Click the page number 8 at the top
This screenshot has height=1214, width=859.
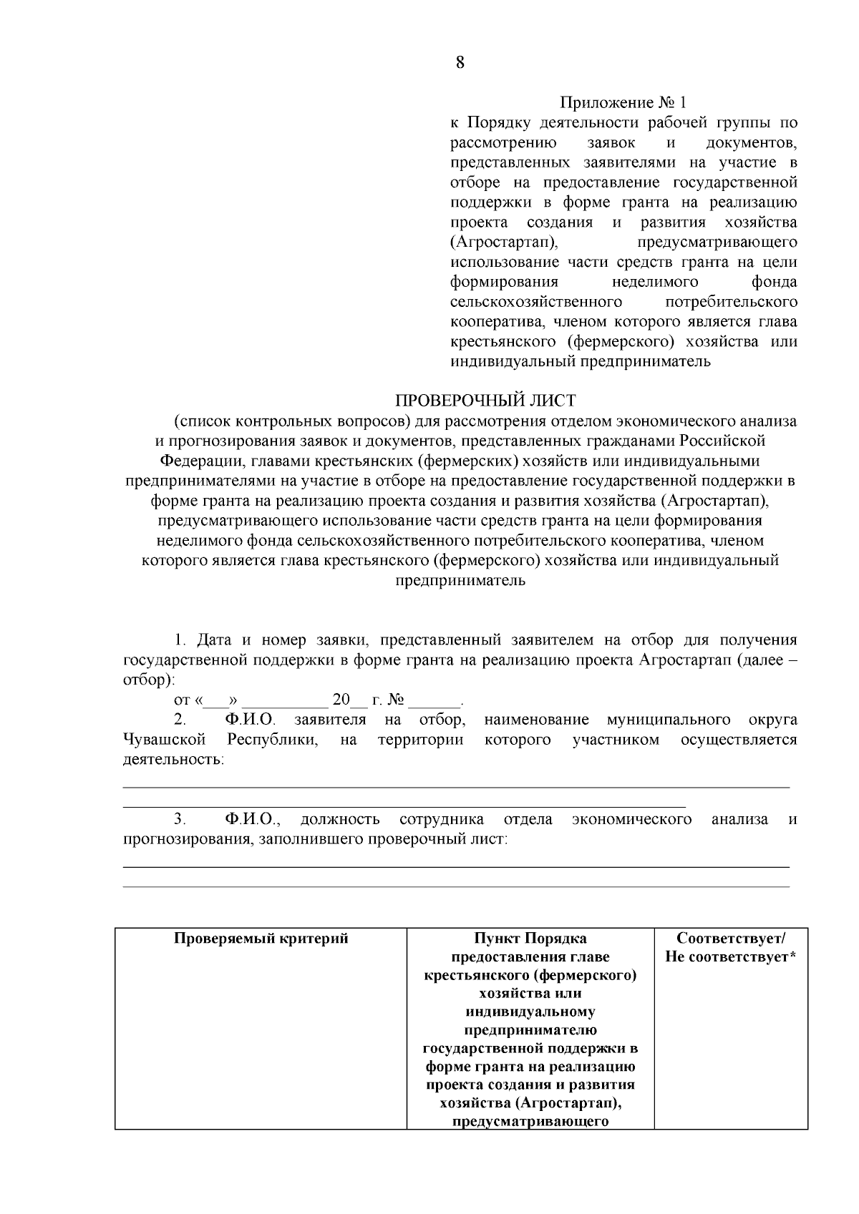click(x=460, y=62)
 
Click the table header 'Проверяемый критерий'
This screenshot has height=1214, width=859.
click(x=261, y=938)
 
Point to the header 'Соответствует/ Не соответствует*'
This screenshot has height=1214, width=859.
click(x=730, y=947)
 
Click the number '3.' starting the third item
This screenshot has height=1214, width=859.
click(x=180, y=819)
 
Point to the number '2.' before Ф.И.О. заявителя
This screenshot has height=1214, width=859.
click(x=180, y=719)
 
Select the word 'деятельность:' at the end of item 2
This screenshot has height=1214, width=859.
click(x=174, y=759)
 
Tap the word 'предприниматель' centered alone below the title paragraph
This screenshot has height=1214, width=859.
click(x=460, y=580)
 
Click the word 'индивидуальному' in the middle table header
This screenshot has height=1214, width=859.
click(x=530, y=1012)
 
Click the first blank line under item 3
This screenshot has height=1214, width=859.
click(x=456, y=866)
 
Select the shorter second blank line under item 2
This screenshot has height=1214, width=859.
click(x=404, y=806)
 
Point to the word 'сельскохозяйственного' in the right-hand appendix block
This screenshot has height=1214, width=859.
click(x=536, y=301)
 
